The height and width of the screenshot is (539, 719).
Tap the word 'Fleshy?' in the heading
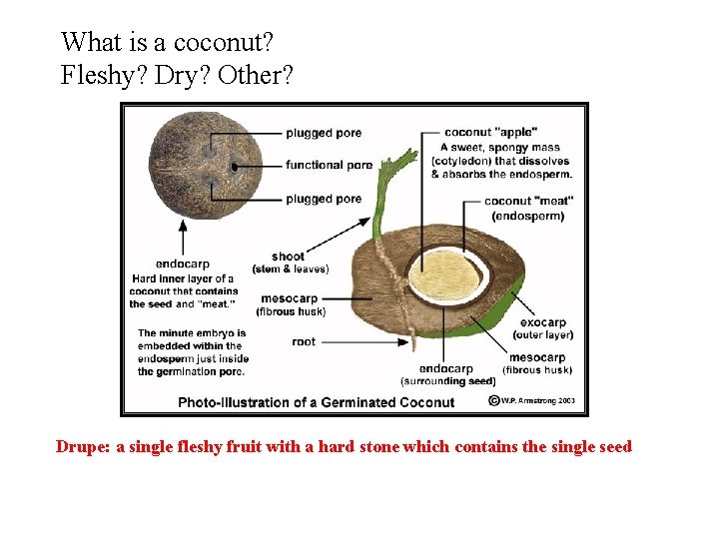pos(104,76)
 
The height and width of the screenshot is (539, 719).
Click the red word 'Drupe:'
pos(83,447)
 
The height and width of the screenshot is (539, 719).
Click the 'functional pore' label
pos(329,165)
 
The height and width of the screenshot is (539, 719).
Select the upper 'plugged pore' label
pos(323,133)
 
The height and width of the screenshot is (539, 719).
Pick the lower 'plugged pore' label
pos(323,199)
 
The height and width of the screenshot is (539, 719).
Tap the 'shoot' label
pos(288,257)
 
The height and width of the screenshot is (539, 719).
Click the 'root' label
pos(304,341)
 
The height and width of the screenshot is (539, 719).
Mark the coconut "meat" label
pos(522,201)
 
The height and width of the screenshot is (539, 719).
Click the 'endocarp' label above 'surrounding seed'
pos(446,368)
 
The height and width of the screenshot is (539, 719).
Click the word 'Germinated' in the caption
pos(352,402)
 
